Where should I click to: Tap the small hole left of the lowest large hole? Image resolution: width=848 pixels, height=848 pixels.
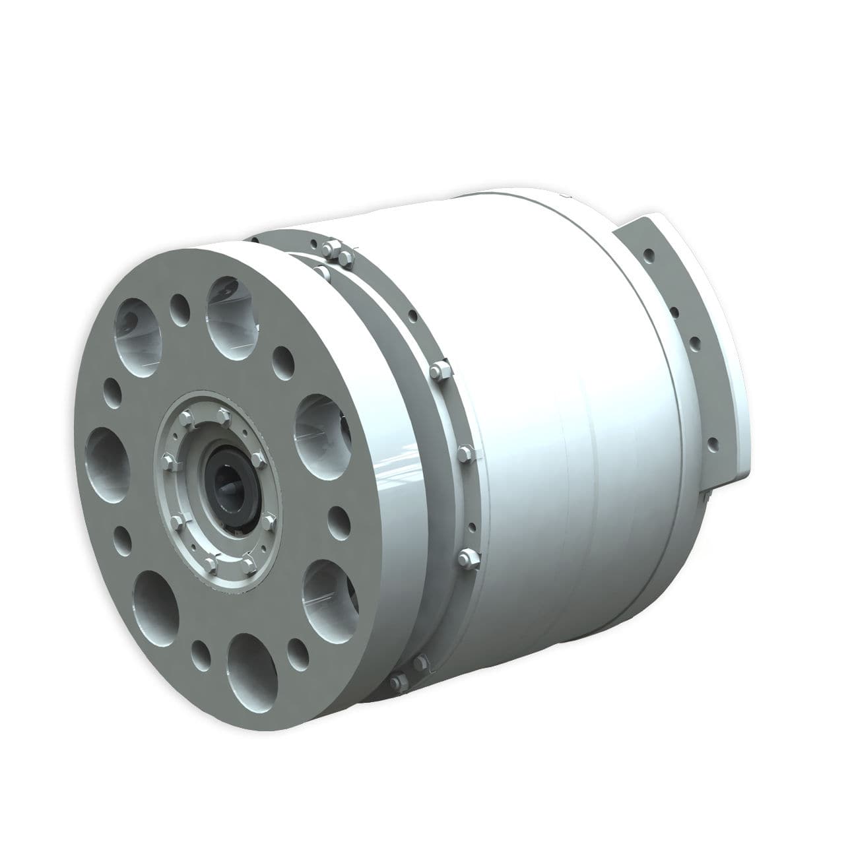200,653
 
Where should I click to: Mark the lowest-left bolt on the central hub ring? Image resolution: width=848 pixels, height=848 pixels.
210,563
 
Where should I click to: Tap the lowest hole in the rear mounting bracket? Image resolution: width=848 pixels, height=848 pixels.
713,443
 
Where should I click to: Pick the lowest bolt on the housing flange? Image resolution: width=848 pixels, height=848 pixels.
397,681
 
